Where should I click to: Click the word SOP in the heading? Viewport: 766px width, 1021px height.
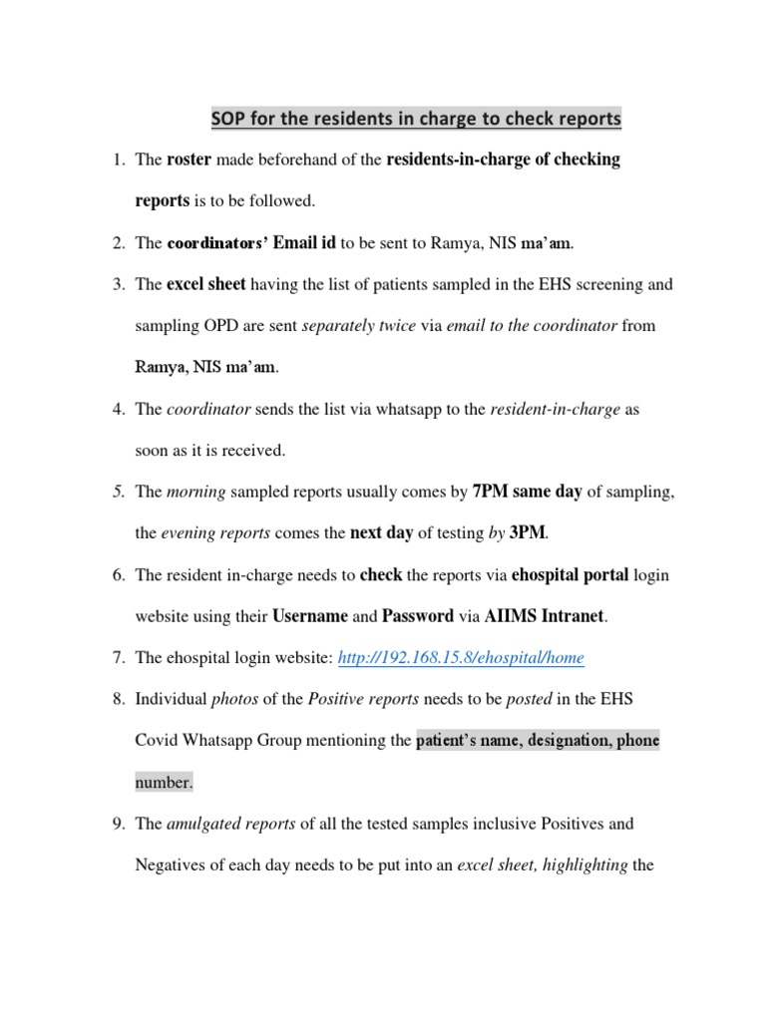pyautogui.click(x=227, y=120)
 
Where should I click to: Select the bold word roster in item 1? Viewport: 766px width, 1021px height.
pyautogui.click(x=189, y=160)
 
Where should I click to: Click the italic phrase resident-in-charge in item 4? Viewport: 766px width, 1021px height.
pyautogui.click(x=554, y=409)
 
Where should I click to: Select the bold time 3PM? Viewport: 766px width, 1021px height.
pyautogui.click(x=528, y=533)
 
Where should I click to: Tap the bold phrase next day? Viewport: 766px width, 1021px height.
pyautogui.click(x=381, y=533)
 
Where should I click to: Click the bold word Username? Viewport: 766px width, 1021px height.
pyautogui.click(x=309, y=616)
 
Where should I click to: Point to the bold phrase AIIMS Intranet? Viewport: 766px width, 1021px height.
pyautogui.click(x=545, y=616)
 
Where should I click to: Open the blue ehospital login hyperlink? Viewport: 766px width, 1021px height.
pyautogui.click(x=461, y=658)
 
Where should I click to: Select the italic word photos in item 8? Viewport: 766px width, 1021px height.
pyautogui.click(x=234, y=700)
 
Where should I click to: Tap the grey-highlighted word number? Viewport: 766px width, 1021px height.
pyautogui.click(x=164, y=783)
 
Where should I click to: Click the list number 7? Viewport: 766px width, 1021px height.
pyautogui.click(x=117, y=658)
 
